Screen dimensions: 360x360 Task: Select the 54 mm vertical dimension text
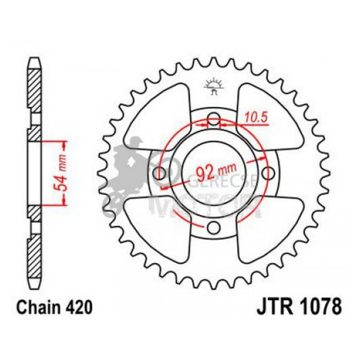click(62, 173)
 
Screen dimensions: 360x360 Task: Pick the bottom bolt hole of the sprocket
click(215, 228)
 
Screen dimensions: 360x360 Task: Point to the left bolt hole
click(160, 173)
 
